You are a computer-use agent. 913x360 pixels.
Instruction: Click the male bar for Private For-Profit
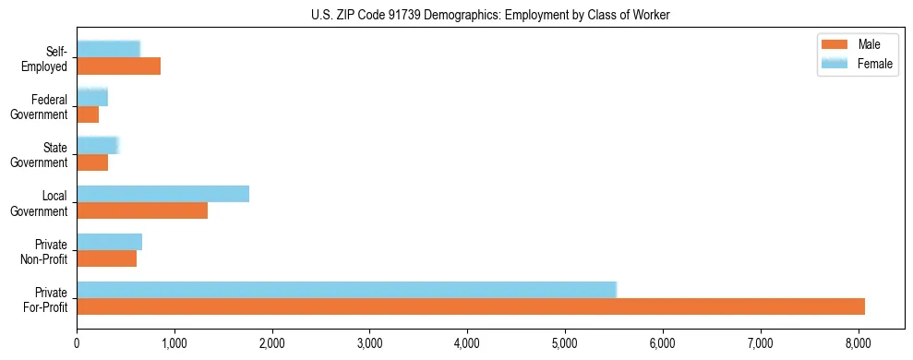(x=471, y=306)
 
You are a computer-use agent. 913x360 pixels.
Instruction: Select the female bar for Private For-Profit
(x=346, y=290)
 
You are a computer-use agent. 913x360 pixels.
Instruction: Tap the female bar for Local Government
(x=162, y=194)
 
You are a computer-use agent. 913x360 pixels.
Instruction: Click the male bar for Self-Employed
(x=118, y=66)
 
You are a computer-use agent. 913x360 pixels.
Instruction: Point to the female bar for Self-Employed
(x=108, y=49)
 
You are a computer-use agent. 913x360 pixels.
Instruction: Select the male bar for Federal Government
(x=88, y=114)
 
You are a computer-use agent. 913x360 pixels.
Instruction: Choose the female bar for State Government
(x=97, y=145)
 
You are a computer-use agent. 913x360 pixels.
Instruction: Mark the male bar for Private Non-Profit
(x=106, y=258)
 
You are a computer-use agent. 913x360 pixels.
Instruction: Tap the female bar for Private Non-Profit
(x=109, y=242)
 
